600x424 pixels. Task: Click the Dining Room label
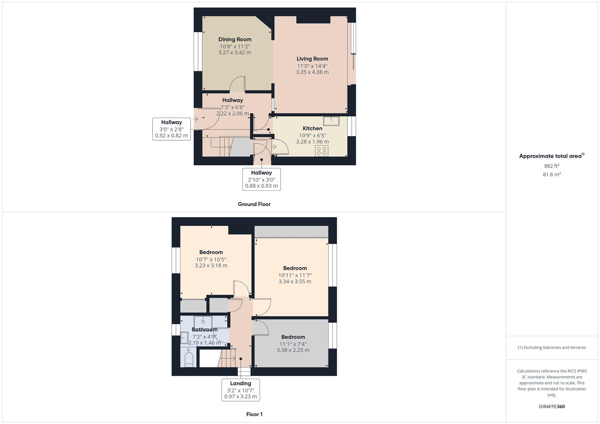click(235, 39)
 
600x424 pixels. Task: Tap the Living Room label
click(312, 59)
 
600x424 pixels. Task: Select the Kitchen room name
click(312, 128)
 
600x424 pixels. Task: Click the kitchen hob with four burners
click(321, 151)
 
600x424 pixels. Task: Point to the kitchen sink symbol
click(331, 121)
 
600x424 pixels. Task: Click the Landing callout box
click(240, 389)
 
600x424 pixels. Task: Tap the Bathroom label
click(204, 329)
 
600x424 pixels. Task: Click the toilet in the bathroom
click(189, 359)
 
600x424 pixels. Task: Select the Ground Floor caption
click(254, 204)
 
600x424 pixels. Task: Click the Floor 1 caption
click(254, 414)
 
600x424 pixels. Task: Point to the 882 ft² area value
click(552, 166)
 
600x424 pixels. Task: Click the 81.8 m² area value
click(552, 174)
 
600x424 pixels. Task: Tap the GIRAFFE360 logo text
click(552, 406)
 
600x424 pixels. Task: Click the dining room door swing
click(238, 84)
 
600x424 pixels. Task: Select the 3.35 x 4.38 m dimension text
click(312, 72)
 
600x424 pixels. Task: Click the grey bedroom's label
click(293, 337)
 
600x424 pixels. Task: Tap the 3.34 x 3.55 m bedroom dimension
click(295, 281)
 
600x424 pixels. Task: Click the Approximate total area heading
click(551, 156)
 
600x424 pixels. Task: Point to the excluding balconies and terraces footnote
click(552, 347)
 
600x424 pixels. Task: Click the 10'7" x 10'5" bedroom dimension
click(211, 260)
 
